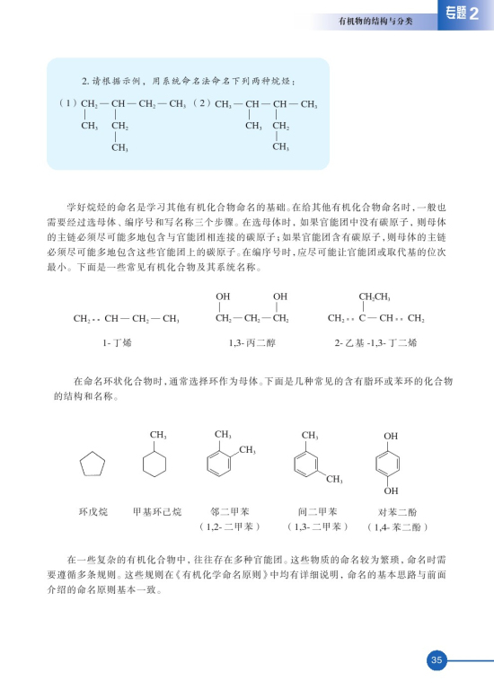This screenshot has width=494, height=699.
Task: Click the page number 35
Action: click(437, 660)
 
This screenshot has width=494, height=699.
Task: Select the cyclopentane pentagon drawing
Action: click(92, 465)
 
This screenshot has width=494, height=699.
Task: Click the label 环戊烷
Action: click(92, 511)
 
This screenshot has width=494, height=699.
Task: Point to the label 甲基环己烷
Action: click(156, 511)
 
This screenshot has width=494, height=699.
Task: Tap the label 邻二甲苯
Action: click(227, 511)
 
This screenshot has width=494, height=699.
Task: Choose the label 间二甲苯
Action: click(317, 511)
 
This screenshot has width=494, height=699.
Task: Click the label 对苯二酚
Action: click(392, 511)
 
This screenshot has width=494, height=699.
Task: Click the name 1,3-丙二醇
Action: click(251, 342)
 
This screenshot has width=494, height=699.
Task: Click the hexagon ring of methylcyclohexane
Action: click(156, 465)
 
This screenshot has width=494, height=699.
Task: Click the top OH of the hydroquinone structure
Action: click(391, 436)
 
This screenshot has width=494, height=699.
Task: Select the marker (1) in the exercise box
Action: click(67, 104)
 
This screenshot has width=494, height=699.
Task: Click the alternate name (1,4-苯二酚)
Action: click(392, 526)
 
